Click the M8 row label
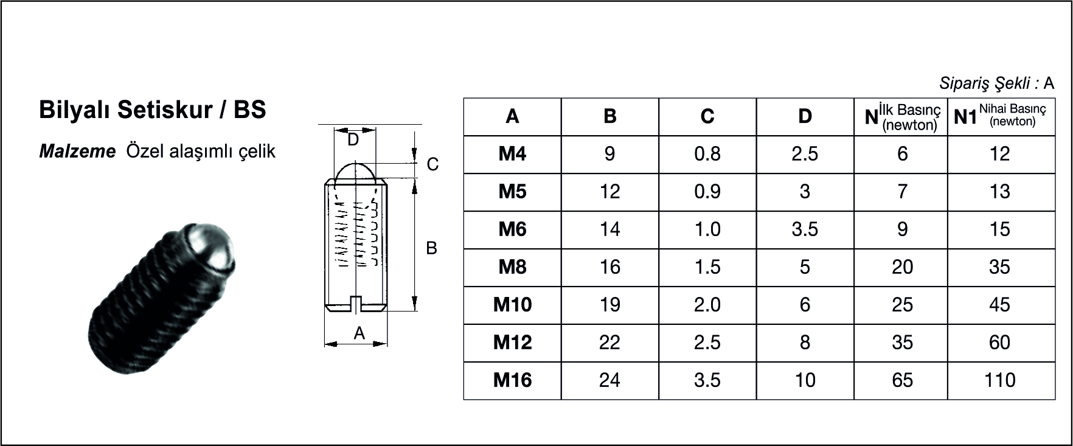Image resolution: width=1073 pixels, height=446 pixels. (x=512, y=267)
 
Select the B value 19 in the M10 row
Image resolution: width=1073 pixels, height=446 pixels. (x=609, y=305)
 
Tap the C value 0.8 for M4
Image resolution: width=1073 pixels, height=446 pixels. (x=707, y=154)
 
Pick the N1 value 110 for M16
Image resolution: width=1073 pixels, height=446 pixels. (x=999, y=380)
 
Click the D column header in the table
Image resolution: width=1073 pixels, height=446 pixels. (x=805, y=116)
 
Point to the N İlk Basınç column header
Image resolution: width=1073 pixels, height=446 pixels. (x=903, y=116)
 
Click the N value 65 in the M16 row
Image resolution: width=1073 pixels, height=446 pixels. (x=902, y=380)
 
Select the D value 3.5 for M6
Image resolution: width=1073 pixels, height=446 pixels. (x=805, y=229)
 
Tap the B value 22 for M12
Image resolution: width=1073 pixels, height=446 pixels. (x=609, y=343)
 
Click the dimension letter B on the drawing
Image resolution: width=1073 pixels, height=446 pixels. (x=431, y=248)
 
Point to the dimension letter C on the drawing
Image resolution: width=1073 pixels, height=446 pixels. (x=432, y=164)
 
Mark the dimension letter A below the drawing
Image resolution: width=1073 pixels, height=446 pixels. (x=359, y=333)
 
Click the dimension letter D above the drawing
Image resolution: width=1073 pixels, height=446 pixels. (x=353, y=140)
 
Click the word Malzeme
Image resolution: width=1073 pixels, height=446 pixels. (x=77, y=152)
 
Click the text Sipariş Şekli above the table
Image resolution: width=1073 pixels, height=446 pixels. (x=988, y=83)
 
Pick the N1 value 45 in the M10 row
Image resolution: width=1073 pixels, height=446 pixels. (x=999, y=305)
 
